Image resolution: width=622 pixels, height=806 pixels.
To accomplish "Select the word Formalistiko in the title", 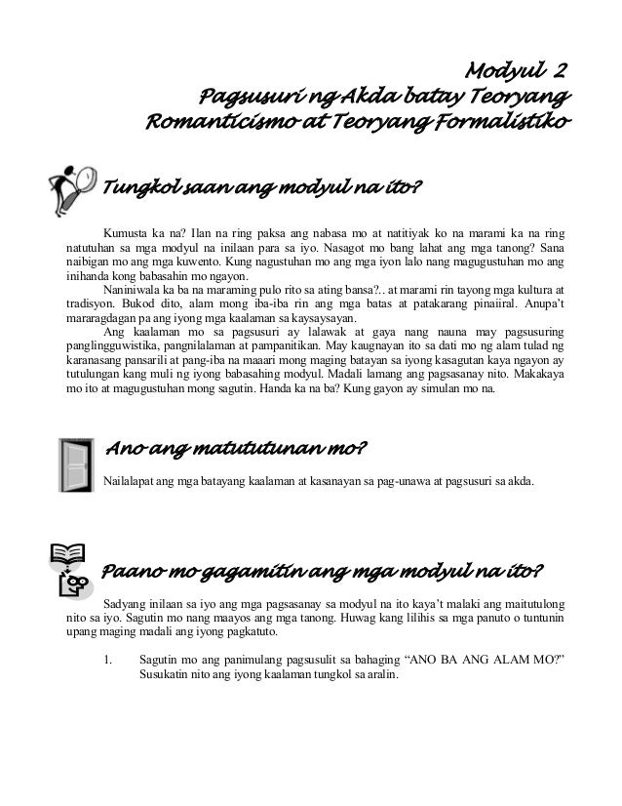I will pos(510,124).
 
